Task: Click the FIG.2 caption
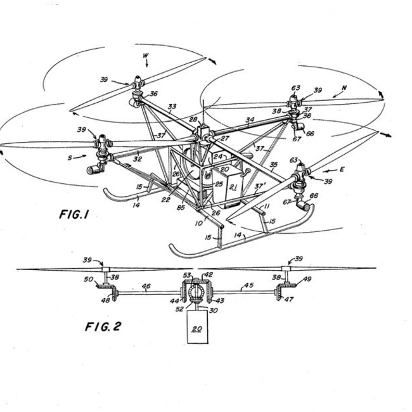(x=103, y=327)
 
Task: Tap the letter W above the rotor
(x=145, y=56)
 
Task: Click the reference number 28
(x=193, y=119)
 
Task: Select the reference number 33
(x=172, y=106)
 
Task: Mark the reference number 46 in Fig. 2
(x=146, y=286)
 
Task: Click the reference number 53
(x=188, y=274)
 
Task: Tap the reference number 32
(x=138, y=159)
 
